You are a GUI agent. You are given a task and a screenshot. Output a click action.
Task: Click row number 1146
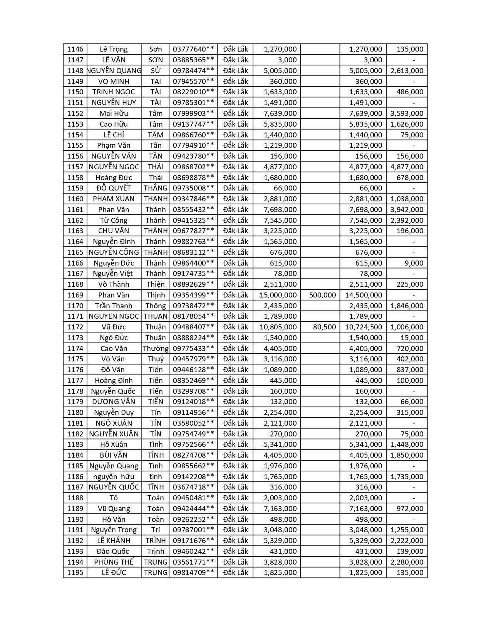pos(75,49)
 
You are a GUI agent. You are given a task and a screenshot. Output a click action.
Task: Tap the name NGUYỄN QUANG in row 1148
pos(114,71)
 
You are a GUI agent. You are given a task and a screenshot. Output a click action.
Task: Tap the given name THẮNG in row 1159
pos(156,188)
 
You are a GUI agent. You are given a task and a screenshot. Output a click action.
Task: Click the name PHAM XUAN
pos(114,199)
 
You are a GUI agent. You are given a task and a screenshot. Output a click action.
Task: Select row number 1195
pos(75,573)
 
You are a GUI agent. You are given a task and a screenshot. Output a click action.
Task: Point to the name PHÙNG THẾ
pos(114,562)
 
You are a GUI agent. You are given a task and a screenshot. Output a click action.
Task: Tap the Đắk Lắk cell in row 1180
pos(235,413)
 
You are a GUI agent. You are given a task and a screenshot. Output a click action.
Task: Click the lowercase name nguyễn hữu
pos(114,477)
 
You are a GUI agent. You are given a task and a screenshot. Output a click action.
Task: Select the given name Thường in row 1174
pos(156,349)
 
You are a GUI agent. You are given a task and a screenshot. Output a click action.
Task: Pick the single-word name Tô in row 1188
pos(114,498)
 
